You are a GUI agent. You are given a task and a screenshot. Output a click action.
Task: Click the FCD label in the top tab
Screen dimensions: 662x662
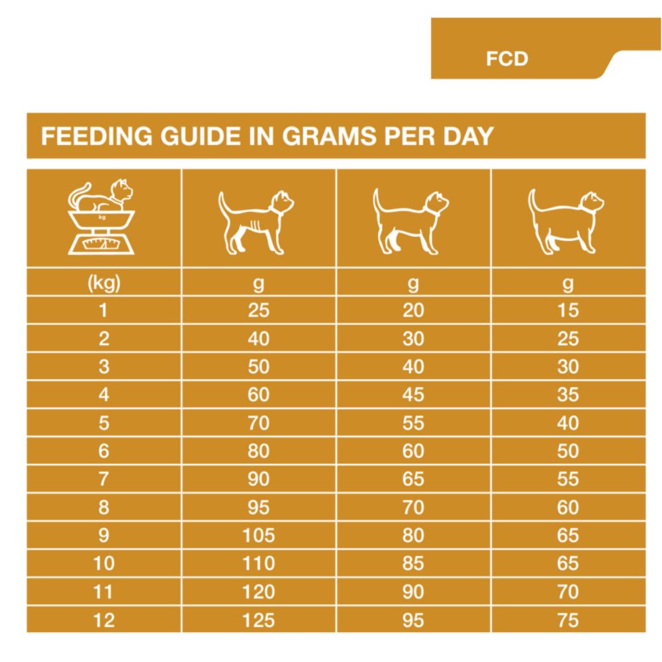pos(507,59)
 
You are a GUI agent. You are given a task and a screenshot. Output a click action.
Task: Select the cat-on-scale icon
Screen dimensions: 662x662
pos(103,218)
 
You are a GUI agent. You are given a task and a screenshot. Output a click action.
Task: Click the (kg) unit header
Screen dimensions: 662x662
pos(103,284)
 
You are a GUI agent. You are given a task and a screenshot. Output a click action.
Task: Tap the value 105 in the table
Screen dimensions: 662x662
pos(258,535)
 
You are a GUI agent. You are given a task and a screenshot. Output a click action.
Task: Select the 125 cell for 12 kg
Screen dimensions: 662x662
pos(258,620)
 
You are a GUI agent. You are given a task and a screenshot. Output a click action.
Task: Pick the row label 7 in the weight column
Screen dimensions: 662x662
pos(103,479)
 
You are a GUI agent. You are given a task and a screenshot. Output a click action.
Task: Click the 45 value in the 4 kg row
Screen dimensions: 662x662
pos(413,395)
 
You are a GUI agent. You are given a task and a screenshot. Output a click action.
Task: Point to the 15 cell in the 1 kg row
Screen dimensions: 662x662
pos(568,310)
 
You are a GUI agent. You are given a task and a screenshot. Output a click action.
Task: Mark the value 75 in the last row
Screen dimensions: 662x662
pos(568,620)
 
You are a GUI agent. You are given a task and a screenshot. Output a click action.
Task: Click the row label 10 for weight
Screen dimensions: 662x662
pos(103,563)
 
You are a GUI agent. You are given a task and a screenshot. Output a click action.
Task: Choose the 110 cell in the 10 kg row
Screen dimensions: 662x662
pos(258,563)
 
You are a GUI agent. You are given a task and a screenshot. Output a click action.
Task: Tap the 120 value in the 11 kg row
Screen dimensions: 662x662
pos(258,592)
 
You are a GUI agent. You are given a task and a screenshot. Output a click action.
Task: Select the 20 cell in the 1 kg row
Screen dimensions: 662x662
pos(413,310)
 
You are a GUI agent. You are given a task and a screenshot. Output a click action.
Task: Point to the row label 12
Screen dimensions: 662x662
pos(103,620)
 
